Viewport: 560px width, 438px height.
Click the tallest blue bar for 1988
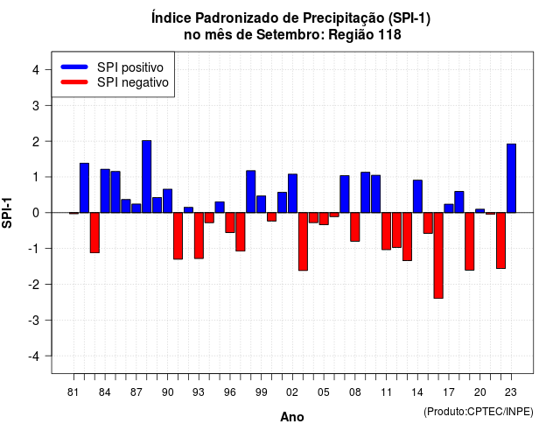146,177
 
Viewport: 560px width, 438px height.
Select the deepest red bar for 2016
438,255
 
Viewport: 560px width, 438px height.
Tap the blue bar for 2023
511,179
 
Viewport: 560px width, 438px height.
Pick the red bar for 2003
303,242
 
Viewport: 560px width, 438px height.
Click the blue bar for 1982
84,188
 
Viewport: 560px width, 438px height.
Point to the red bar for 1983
94,233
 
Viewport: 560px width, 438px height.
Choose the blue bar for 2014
417,196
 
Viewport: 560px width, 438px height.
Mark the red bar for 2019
470,242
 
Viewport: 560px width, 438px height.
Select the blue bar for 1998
251,192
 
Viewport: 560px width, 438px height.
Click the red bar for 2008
355,227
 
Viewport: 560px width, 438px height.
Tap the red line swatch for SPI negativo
74,82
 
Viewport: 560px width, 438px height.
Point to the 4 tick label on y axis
36,70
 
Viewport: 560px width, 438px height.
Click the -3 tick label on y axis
34,321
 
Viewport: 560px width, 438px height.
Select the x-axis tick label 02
292,392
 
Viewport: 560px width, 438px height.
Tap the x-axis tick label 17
449,392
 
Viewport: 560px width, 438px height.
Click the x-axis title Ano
292,417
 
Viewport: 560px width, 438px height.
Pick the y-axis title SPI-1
7,213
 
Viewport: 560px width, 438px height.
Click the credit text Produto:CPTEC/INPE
479,412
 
